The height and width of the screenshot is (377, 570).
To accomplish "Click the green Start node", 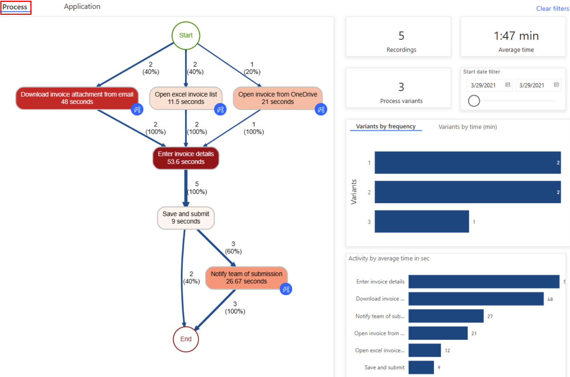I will [x=186, y=35].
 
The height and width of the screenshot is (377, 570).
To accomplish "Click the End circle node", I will [x=186, y=339].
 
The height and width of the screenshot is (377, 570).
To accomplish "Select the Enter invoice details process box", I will [x=186, y=158].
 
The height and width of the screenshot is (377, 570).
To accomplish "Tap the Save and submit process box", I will [x=186, y=218].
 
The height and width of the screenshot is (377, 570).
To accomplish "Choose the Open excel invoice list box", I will [x=186, y=98].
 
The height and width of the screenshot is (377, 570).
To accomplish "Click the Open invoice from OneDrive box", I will [x=277, y=98].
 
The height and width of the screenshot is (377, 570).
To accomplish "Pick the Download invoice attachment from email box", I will [x=77, y=98].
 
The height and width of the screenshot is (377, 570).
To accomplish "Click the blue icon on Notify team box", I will [x=286, y=289].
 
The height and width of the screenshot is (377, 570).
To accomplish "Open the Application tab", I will [x=82, y=7].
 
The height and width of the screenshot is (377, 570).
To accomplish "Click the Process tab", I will [x=15, y=7].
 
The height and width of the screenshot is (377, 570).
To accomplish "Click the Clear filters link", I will [x=552, y=8].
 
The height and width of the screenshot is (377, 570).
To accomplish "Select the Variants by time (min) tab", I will [x=468, y=127].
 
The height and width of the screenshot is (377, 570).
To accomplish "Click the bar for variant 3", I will [x=422, y=222].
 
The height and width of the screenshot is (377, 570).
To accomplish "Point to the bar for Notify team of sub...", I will [x=446, y=316].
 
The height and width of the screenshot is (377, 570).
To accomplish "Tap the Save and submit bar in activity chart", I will [x=421, y=367].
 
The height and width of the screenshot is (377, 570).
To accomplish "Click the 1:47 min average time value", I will [x=516, y=36].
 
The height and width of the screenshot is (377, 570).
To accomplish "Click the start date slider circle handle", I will [x=474, y=101].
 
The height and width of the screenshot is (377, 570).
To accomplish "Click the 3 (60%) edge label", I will [x=233, y=248].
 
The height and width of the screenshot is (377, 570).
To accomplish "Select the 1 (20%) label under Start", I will [x=252, y=68].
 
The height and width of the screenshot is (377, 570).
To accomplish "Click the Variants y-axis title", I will [x=354, y=192].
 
